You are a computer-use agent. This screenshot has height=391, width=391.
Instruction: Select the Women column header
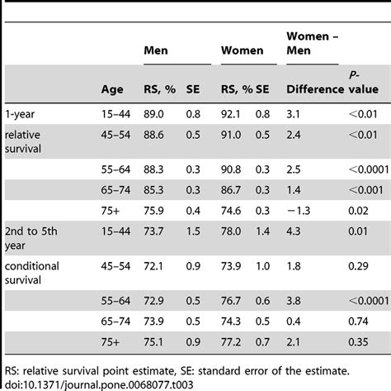click(242, 50)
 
